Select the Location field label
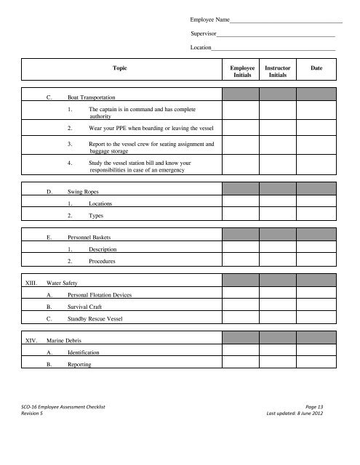click(201, 48)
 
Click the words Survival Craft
click(89, 307)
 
